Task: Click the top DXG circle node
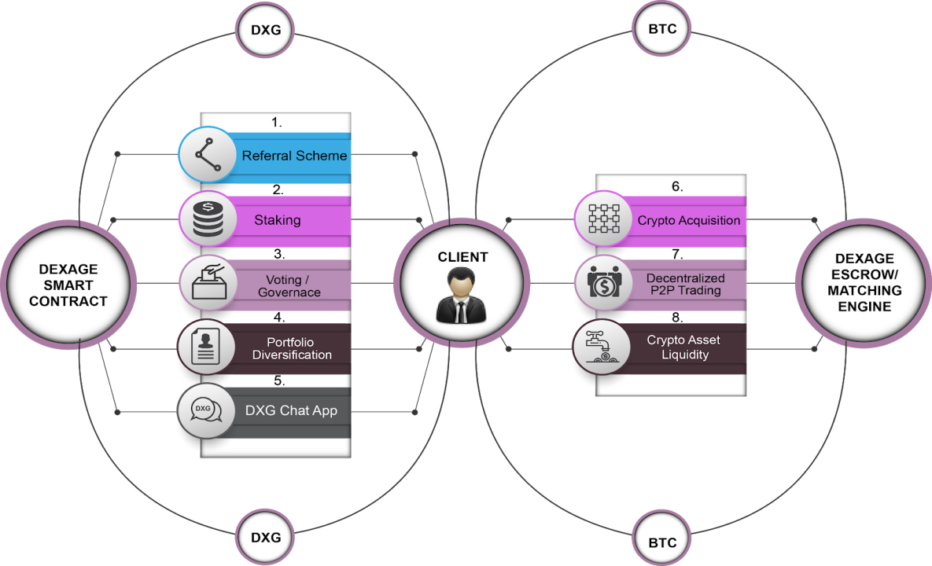point(265,30)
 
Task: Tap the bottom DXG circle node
point(265,538)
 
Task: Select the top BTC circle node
point(661,30)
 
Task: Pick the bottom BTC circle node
point(661,542)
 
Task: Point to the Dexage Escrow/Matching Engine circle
point(864,283)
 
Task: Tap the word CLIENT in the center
point(462,257)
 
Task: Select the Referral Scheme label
point(294,156)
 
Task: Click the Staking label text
point(277,220)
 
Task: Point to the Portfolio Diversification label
point(292,348)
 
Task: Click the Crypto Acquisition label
point(688,220)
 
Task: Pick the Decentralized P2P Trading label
point(685,285)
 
